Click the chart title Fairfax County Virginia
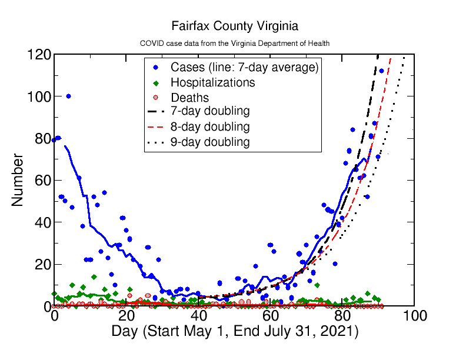pyautogui.click(x=235, y=26)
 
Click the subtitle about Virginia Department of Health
pyautogui.click(x=235, y=44)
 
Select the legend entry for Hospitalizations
pyautogui.click(x=212, y=82)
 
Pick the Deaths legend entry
pyautogui.click(x=189, y=98)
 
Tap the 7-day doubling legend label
pyautogui.click(x=209, y=111)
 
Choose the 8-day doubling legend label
pyautogui.click(x=209, y=126)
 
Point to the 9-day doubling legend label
pyautogui.click(x=209, y=142)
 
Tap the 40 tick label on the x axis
pyautogui.click(x=198, y=316)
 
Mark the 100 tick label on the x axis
pyautogui.click(x=414, y=316)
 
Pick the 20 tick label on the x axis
pyautogui.click(x=126, y=316)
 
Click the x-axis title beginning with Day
pyautogui.click(x=235, y=332)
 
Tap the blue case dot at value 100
pyautogui.click(x=68, y=96)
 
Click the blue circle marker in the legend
pyautogui.click(x=157, y=67)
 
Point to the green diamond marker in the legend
pyautogui.click(x=157, y=82)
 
